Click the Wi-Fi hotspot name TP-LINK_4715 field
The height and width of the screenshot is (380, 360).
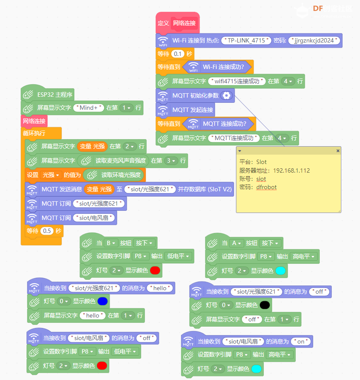pos(246,40)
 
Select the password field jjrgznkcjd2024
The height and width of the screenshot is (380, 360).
pos(314,40)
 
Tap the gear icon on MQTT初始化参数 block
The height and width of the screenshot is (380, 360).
pos(226,95)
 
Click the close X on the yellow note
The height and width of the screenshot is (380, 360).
pos(338,151)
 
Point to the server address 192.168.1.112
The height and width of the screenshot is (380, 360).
pos(291,170)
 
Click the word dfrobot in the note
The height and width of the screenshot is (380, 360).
pos(266,187)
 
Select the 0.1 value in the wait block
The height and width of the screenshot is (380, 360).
pos(177,54)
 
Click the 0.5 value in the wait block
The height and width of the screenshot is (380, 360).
pos(47,231)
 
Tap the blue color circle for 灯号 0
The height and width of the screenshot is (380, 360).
pos(102,301)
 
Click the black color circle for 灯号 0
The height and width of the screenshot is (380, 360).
pos(265,305)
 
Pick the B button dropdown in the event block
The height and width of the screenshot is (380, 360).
pos(111,243)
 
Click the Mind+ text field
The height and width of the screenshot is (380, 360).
pos(88,108)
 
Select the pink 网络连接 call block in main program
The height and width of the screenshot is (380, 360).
pos(34,121)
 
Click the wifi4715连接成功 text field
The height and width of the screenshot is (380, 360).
pos(237,81)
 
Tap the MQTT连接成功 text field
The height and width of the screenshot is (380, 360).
pos(234,138)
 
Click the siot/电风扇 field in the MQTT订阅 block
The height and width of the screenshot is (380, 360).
pos(94,218)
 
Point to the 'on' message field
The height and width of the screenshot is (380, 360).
pos(301,341)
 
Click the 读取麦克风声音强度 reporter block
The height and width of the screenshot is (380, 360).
pos(114,161)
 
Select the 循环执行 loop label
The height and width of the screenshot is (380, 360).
pos(34,133)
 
